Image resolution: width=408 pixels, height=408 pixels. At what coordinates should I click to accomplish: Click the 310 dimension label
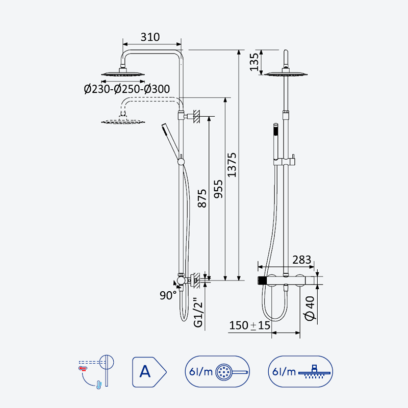pyautogui.click(x=150, y=37)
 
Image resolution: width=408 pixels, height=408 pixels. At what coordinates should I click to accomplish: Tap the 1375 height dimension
pyautogui.click(x=232, y=165)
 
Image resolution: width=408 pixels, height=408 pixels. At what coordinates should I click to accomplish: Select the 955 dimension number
pyautogui.click(x=218, y=189)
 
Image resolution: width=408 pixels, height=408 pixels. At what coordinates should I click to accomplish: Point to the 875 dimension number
pyautogui.click(x=202, y=198)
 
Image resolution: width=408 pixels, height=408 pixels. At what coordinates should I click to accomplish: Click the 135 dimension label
pyautogui.click(x=254, y=62)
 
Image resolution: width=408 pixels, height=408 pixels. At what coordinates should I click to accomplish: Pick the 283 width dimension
pyautogui.click(x=301, y=260)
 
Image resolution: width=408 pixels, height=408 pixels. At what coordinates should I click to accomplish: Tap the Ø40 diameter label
pyautogui.click(x=310, y=308)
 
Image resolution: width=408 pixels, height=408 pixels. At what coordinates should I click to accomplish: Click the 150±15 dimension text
pyautogui.click(x=250, y=325)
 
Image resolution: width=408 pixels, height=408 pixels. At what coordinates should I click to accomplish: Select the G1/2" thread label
pyautogui.click(x=198, y=313)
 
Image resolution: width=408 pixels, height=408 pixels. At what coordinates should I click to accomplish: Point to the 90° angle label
pyautogui.click(x=168, y=295)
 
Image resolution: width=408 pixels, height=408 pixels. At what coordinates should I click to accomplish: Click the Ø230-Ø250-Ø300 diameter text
pyautogui.click(x=127, y=89)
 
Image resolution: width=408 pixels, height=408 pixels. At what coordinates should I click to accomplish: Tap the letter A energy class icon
pyautogui.click(x=149, y=372)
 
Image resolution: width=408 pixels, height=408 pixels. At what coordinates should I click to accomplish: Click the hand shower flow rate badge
pyautogui.click(x=217, y=372)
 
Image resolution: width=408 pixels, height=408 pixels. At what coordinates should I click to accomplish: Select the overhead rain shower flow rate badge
pyautogui.click(x=300, y=372)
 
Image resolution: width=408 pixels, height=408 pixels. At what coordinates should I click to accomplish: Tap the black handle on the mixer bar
pyautogui.click(x=262, y=280)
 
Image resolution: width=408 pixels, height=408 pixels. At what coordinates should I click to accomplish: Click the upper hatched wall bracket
pyautogui.click(x=197, y=116)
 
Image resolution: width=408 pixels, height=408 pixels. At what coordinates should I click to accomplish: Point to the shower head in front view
pyautogui.click(x=286, y=73)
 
